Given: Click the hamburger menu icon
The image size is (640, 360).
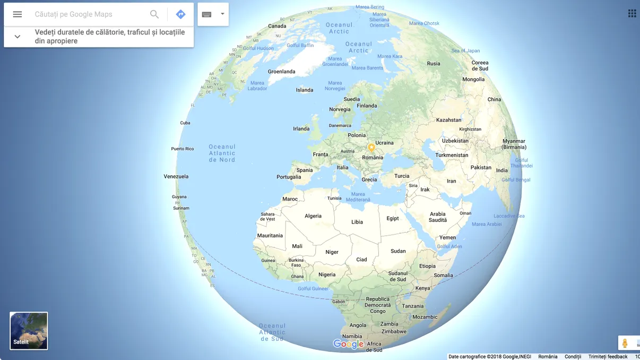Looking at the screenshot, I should [18, 14].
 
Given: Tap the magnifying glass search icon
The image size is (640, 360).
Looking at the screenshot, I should [154, 14].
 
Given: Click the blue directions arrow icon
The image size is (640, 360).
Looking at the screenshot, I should [180, 14].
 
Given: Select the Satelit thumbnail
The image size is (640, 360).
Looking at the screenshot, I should [29, 331].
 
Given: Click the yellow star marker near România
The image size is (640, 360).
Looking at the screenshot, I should [371, 148].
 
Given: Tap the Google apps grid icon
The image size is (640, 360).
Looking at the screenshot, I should [632, 14].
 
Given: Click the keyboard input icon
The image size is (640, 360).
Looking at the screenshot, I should [207, 14].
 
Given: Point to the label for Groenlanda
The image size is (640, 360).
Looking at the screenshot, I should [281, 72].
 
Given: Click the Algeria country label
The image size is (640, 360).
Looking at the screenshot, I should [313, 216].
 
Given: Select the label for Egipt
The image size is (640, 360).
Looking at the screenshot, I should [393, 218].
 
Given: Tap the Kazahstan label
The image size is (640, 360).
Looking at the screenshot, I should [448, 120].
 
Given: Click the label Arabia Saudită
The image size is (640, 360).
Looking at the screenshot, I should [438, 217].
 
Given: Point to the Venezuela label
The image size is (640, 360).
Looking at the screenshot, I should [176, 176].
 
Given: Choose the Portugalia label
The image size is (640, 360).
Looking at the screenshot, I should [289, 177].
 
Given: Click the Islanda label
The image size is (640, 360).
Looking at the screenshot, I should [305, 90].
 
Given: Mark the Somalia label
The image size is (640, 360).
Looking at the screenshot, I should [443, 275].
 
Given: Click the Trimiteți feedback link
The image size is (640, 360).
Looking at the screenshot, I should [608, 357].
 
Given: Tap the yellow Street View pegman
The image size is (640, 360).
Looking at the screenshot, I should [625, 344].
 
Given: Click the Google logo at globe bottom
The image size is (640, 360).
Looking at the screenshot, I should [348, 344].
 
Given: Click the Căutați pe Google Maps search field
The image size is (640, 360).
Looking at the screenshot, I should [88, 14].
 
